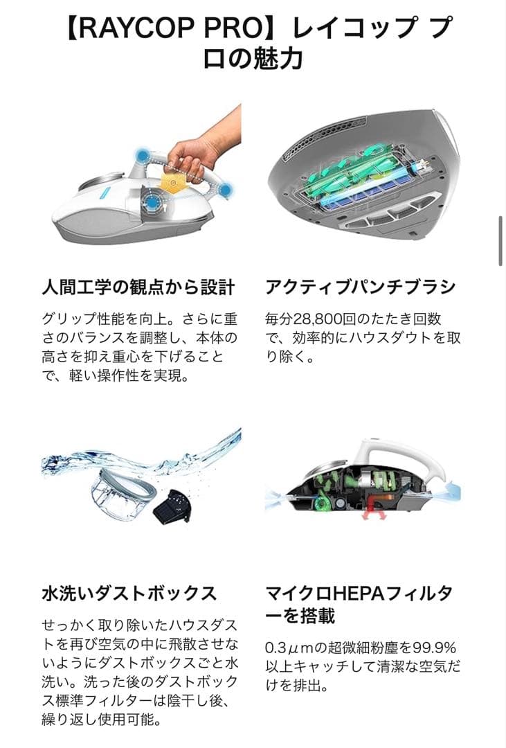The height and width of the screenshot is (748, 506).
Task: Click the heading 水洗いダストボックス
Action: click(129, 593)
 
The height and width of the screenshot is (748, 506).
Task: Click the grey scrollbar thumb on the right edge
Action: click(500, 240)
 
